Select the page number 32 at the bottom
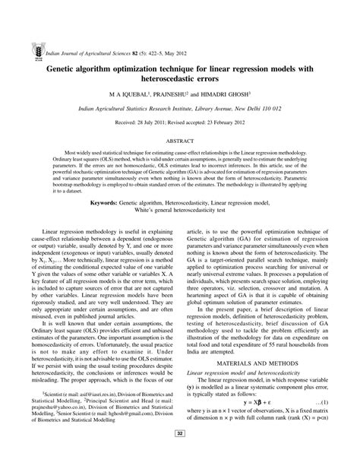pos(181,455)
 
